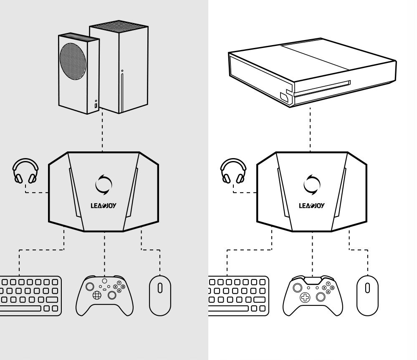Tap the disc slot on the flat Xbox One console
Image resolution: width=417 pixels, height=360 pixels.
(321, 88)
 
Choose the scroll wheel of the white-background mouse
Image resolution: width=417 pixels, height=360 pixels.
(367, 288)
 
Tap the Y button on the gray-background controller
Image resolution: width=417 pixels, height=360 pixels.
(119, 283)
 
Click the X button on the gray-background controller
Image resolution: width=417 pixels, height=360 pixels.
(115, 287)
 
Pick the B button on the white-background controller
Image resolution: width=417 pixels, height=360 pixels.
(332, 287)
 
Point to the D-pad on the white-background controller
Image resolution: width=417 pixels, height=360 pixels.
(305, 297)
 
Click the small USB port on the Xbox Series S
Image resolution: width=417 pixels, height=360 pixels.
(96, 107)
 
